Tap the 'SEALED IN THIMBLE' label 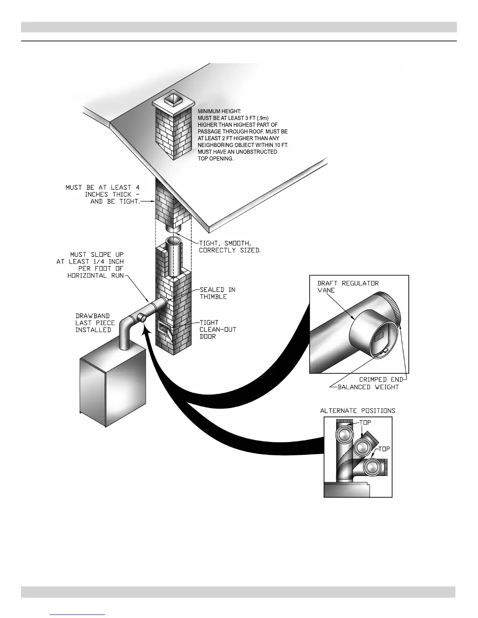(x=218, y=293)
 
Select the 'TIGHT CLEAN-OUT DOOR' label (x=218, y=329)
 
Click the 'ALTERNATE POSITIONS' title (x=358, y=411)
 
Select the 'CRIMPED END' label (x=378, y=380)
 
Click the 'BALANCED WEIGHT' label (x=368, y=387)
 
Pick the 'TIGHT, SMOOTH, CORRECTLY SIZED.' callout (x=229, y=247)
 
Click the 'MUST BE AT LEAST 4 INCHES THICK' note (x=103, y=194)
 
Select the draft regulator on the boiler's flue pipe (x=143, y=318)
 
